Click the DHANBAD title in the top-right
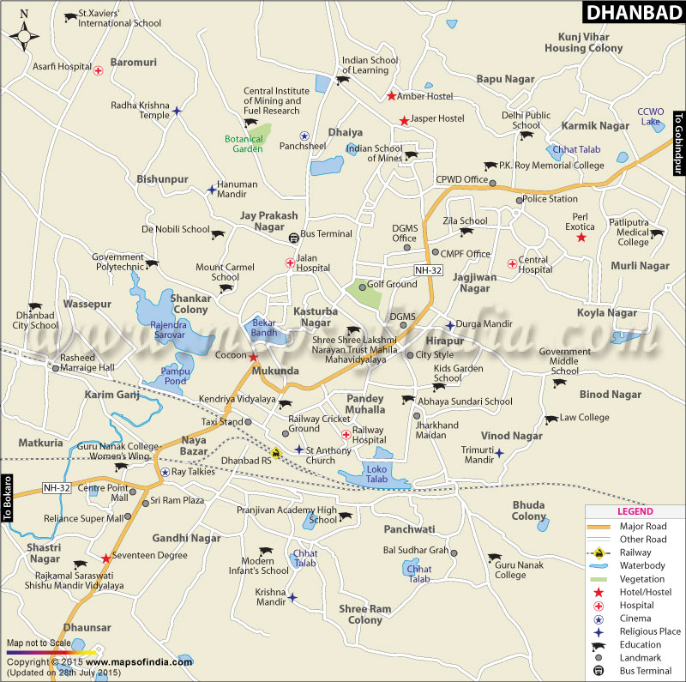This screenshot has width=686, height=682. tap(634, 13)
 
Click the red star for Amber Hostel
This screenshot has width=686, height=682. tap(391, 96)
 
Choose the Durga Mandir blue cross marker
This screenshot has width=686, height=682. tap(449, 325)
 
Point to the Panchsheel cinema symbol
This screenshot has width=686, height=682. tap(304, 136)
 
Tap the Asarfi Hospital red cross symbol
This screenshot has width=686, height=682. tap(99, 70)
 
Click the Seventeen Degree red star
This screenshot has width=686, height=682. tap(105, 558)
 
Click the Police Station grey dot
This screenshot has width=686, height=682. tap(518, 200)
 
